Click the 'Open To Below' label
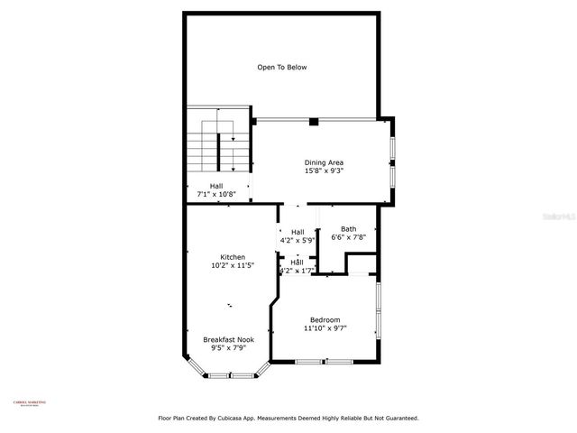point(282,67)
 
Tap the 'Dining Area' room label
point(323,162)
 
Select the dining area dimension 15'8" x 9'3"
point(323,170)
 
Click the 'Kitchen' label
point(233,257)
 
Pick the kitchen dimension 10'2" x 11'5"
point(233,265)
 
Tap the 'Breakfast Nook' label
point(228,339)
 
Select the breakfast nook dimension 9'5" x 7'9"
point(228,347)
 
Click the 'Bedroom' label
point(325,320)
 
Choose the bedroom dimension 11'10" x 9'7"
point(325,328)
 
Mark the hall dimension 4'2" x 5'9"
point(297,240)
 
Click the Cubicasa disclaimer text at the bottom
point(288,418)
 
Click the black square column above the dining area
point(313,121)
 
